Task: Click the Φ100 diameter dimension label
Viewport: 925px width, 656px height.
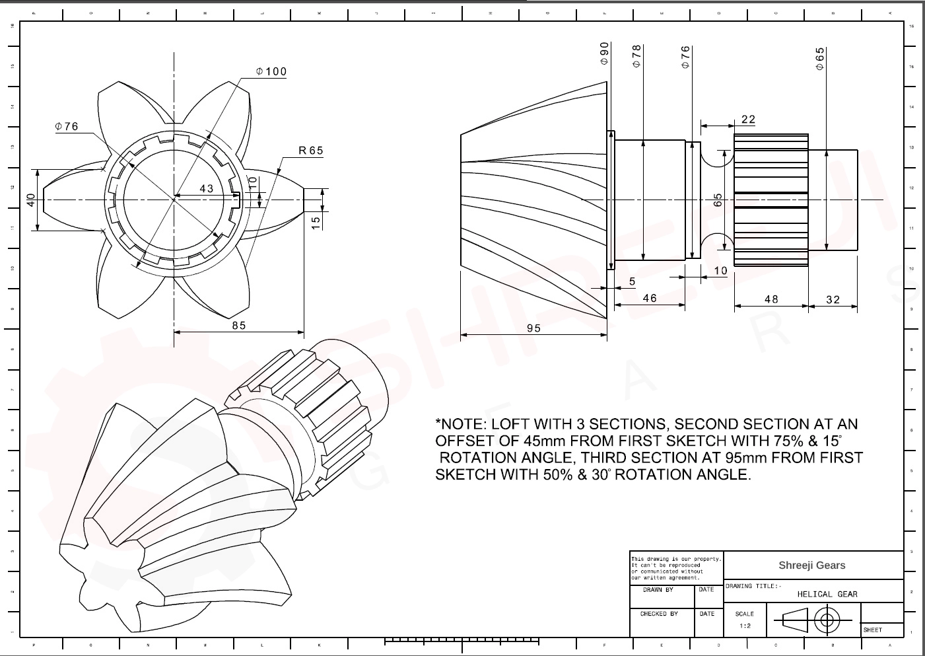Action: [x=271, y=71]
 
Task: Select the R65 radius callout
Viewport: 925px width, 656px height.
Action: [x=311, y=151]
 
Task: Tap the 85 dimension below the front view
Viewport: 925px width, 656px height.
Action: [x=239, y=326]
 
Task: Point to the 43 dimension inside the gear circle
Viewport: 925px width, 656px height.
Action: [x=207, y=188]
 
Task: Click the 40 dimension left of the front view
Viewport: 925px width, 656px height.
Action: [x=30, y=200]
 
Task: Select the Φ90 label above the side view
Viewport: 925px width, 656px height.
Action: [x=604, y=54]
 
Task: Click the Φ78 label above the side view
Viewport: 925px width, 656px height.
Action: [x=637, y=56]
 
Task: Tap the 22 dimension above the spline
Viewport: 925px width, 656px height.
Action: [x=748, y=120]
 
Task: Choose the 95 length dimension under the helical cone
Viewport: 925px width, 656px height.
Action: [x=533, y=328]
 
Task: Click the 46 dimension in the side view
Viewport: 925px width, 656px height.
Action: [x=650, y=299]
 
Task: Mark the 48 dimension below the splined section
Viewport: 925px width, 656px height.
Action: [x=771, y=299]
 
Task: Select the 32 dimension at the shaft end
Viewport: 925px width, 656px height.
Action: [x=833, y=300]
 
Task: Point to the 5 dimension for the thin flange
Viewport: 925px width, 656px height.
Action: [x=632, y=282]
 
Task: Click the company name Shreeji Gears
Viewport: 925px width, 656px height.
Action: [x=811, y=565]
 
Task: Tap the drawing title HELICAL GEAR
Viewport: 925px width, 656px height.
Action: [x=827, y=594]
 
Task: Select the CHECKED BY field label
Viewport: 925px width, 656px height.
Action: [x=659, y=614]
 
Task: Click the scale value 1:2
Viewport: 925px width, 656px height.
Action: [x=744, y=626]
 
